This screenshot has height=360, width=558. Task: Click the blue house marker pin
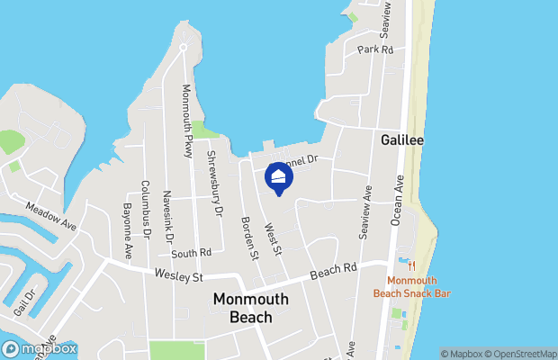tap(279, 177)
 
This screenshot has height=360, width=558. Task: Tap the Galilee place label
tap(401, 140)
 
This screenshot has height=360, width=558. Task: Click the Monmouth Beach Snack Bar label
tap(412, 287)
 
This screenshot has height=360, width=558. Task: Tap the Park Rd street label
tap(375, 50)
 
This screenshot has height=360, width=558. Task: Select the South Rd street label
tap(191, 254)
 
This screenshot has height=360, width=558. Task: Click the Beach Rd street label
tap(334, 270)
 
